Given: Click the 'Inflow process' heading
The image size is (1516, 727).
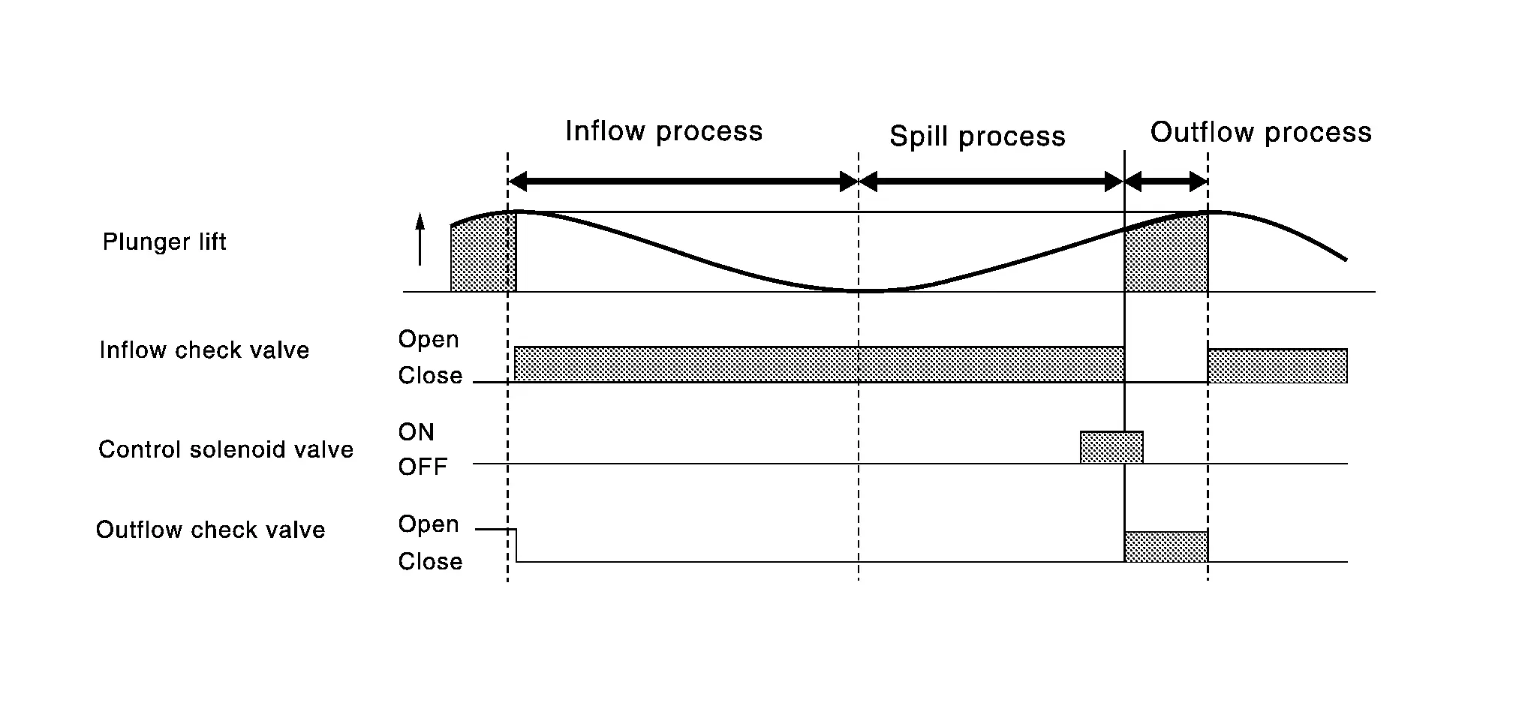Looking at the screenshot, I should (x=663, y=132).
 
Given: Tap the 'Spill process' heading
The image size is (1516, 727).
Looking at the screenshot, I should (x=977, y=137).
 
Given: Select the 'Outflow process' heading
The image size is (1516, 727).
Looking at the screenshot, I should (x=1261, y=133).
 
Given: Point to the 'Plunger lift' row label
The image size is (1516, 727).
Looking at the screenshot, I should (x=164, y=242).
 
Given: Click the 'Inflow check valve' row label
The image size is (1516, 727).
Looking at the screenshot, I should (x=204, y=350).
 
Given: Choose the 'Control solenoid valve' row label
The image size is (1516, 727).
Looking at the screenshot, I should (x=226, y=449).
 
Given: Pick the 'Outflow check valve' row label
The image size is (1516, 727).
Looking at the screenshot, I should (x=211, y=530).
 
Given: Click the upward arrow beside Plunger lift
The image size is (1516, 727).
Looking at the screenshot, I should (x=420, y=239).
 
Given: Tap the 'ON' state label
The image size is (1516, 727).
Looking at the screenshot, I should (x=417, y=432).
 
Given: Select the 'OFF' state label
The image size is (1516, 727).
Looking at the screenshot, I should (x=423, y=467).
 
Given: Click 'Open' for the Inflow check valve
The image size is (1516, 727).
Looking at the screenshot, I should (x=429, y=339).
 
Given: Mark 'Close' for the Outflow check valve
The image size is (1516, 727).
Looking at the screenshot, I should (x=430, y=561).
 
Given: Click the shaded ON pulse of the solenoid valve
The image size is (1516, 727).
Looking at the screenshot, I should (x=1111, y=447).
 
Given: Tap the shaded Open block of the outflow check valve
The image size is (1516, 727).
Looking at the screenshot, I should (x=1166, y=546).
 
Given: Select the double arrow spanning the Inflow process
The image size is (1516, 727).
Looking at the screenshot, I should (x=683, y=181).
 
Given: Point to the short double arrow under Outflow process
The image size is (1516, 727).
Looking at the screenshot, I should (x=1166, y=181).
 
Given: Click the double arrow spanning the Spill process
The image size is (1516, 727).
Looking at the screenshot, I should (x=991, y=181).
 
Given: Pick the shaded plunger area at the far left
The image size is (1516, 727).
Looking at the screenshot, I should (x=483, y=255).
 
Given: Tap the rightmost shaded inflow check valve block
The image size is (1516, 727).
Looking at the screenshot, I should (x=1277, y=366).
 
